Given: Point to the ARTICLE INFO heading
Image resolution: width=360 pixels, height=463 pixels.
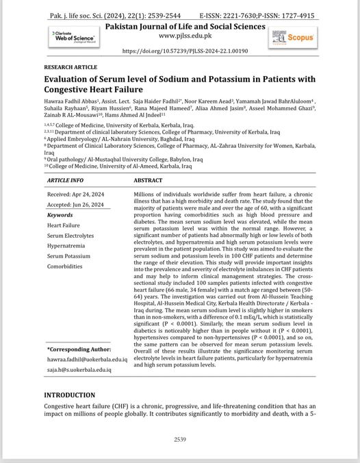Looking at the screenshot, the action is click(66, 181).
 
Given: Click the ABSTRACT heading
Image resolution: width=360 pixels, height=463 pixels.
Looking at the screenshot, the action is click(148, 181).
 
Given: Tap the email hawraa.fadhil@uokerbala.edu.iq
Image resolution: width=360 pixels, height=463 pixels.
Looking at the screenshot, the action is click(87, 359).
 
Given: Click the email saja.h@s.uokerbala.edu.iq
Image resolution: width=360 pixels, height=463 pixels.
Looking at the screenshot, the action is click(79, 369).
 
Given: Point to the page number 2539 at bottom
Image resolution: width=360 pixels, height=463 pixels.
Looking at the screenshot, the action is click(180, 439).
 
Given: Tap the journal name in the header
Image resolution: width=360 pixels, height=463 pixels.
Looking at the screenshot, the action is click(184, 26).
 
